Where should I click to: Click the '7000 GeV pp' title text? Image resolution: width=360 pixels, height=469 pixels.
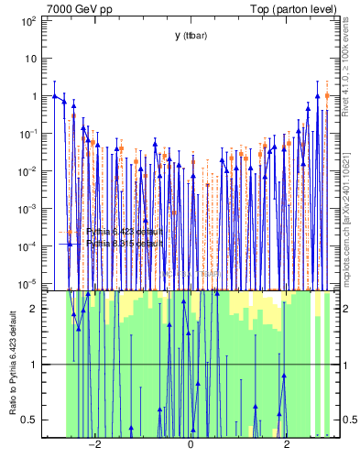click(72, 8)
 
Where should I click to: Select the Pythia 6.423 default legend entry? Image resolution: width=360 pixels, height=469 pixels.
click(124, 232)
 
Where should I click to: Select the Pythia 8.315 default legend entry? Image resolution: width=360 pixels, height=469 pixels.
click(124, 245)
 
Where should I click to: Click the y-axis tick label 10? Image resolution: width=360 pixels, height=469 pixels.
click(31, 58)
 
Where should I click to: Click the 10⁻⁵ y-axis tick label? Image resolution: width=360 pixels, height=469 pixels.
click(28, 284)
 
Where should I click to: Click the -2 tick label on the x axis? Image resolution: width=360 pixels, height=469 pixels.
click(93, 447)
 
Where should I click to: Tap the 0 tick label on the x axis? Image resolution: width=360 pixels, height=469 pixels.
click(191, 447)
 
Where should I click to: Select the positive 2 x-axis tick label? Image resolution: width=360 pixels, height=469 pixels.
click(287, 447)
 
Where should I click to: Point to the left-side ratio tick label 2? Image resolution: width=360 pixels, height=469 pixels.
click(35, 309)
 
